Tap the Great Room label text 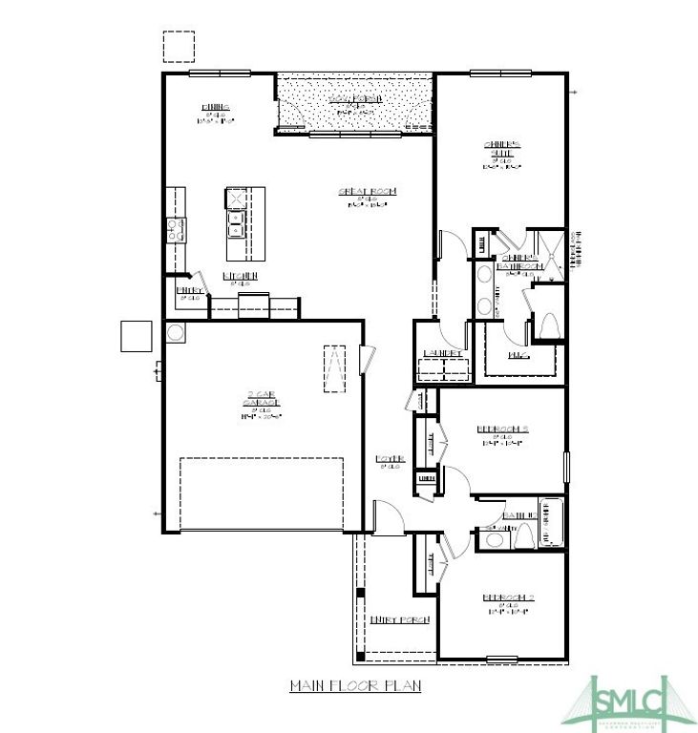[x=367, y=192]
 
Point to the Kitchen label [x=238, y=276]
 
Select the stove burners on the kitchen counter [x=176, y=229]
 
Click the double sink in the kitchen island [x=235, y=224]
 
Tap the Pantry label [x=188, y=289]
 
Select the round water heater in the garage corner [x=175, y=333]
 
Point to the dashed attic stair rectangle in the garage [x=334, y=368]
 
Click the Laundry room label [x=442, y=353]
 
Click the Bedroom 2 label [x=507, y=598]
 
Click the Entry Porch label [x=399, y=619]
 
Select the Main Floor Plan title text [x=354, y=685]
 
